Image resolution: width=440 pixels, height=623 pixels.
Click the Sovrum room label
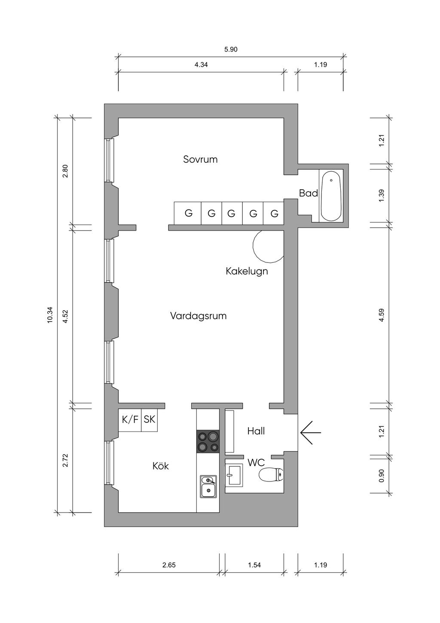click(x=200, y=159)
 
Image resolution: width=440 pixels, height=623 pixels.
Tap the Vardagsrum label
click(x=199, y=316)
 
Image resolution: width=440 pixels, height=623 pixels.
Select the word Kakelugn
click(x=247, y=271)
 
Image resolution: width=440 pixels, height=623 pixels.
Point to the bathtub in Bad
click(x=331, y=196)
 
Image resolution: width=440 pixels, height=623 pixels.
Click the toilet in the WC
click(x=270, y=475)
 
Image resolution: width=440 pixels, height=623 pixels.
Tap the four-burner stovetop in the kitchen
click(x=208, y=441)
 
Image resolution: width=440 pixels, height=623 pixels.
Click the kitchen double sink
click(x=208, y=487)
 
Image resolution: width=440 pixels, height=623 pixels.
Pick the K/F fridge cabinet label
click(x=130, y=419)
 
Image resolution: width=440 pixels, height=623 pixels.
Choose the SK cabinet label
click(x=149, y=419)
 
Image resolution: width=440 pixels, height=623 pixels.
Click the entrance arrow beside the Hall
click(x=311, y=432)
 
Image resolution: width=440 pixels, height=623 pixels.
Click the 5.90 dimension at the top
click(x=231, y=49)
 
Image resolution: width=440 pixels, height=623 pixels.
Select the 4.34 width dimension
click(x=201, y=65)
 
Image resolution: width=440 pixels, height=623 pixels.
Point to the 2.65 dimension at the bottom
click(x=169, y=565)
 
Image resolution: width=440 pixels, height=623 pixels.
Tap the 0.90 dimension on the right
click(x=382, y=476)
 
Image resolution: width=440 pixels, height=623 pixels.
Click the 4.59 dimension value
click(x=382, y=315)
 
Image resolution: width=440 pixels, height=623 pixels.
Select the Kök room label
click(x=161, y=466)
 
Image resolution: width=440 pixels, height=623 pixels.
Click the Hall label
click(x=256, y=431)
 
